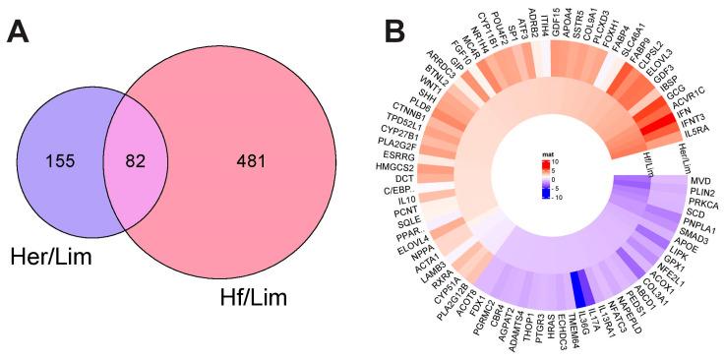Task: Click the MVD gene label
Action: click(x=700, y=183)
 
